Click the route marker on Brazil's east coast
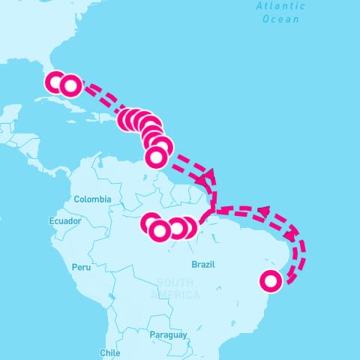[x=271, y=280]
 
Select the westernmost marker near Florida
[x=57, y=82]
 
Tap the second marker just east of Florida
[x=70, y=85]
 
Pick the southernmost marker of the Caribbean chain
[x=156, y=157]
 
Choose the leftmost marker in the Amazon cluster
[x=151, y=223]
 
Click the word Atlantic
[x=280, y=6]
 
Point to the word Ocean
[x=280, y=19]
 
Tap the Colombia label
[x=92, y=199]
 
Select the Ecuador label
[x=64, y=222]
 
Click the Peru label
[x=81, y=267]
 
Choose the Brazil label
[x=203, y=265]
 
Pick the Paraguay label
[x=167, y=334]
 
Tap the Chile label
[x=109, y=352]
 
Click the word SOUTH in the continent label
[x=175, y=283]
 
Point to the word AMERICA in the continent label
[x=175, y=295]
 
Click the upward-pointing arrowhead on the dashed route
[x=209, y=174]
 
